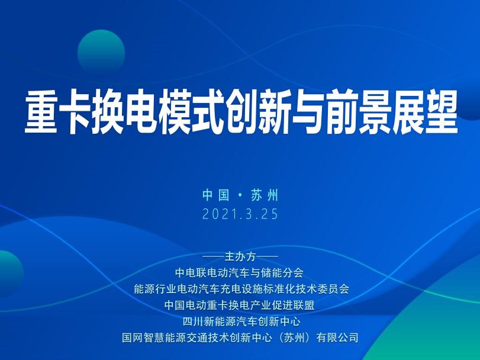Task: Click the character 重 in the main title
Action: (x=40, y=112)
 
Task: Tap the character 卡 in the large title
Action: (x=74, y=112)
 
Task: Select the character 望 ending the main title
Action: (x=442, y=112)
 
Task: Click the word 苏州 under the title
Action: (x=265, y=195)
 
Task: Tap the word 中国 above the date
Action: (x=216, y=195)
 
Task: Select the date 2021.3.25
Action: (x=240, y=214)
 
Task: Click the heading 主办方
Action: (x=240, y=256)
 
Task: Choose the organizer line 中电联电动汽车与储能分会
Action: (x=239, y=272)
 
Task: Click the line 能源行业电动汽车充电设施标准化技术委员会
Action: (x=241, y=289)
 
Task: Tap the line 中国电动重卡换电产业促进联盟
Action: (x=239, y=305)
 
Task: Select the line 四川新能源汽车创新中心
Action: (x=241, y=322)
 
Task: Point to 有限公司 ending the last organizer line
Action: (x=337, y=337)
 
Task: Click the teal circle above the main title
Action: (x=101, y=53)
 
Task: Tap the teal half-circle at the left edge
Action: (x=11, y=274)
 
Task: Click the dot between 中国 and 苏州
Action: (x=240, y=195)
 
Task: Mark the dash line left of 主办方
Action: (x=213, y=256)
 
